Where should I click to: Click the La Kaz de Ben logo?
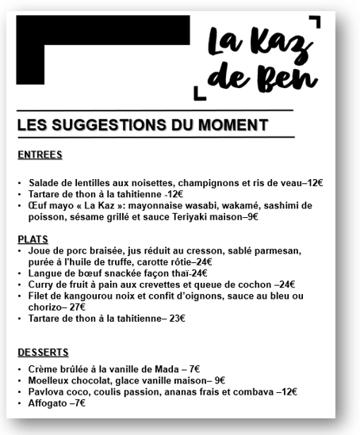260,57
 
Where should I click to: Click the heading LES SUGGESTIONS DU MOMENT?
142,124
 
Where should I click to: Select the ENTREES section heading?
39,155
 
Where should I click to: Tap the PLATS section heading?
33,238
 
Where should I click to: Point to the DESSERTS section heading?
43,352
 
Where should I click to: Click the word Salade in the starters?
44,182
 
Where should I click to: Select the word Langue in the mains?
44,273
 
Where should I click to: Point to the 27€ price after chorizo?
77,307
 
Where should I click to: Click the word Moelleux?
50,380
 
